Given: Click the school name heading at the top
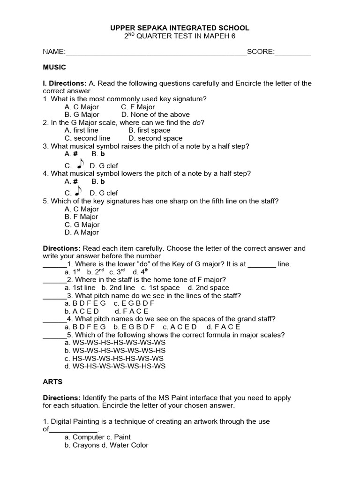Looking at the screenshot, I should pyautogui.click(x=180, y=28).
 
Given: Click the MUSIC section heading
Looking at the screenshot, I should pyautogui.click(x=54, y=67).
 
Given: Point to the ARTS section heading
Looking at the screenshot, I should pyautogui.click(x=52, y=382).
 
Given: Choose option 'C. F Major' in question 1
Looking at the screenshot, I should pyautogui.click(x=138, y=107).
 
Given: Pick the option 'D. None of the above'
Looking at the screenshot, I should pyautogui.click(x=155, y=114).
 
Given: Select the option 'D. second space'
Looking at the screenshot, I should pyautogui.click(x=155, y=138).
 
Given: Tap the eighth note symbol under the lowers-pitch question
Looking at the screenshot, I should pyautogui.click(x=80, y=191).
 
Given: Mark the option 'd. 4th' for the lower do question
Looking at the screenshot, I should pyautogui.click(x=141, y=272).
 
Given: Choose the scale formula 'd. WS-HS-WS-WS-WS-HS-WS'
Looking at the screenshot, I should pyautogui.click(x=115, y=366).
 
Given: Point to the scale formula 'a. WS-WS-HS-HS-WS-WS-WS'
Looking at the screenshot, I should pyautogui.click(x=115, y=343).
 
